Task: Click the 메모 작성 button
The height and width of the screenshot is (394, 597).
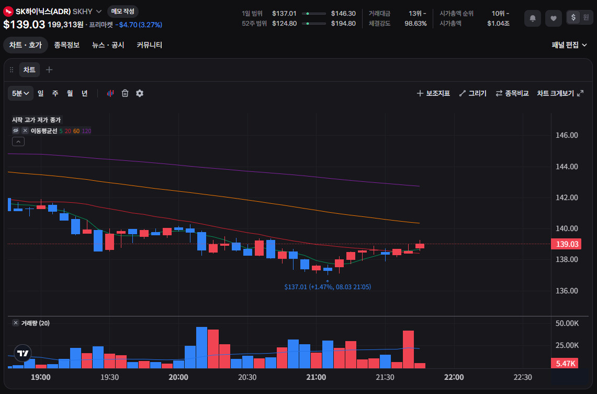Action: [x=122, y=12]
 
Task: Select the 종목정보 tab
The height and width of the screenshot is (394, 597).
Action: [x=66, y=45]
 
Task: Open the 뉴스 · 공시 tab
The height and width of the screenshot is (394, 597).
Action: [x=108, y=45]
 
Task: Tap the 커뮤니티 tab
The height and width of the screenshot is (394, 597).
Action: [x=149, y=45]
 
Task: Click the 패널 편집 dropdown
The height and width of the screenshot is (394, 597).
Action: [x=569, y=45]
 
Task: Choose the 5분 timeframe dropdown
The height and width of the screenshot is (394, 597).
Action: [x=20, y=93]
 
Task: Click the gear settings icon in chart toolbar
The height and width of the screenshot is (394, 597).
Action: [x=140, y=93]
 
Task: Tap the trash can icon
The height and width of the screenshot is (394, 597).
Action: [x=125, y=93]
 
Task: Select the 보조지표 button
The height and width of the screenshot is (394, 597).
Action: [x=433, y=93]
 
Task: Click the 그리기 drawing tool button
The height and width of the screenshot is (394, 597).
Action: [x=473, y=93]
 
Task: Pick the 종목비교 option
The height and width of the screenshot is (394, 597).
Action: [x=512, y=93]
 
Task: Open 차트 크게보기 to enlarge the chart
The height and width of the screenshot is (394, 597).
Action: [x=560, y=93]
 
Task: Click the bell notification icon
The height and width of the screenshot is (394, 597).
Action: [x=533, y=18]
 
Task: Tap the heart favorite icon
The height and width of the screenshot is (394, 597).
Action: [x=554, y=18]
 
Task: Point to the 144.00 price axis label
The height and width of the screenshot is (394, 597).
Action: [x=567, y=167]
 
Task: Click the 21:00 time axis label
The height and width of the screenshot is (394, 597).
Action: [x=316, y=377]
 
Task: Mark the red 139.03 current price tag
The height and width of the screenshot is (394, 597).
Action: [x=566, y=244]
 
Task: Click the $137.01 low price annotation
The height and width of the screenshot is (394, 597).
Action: [x=328, y=287]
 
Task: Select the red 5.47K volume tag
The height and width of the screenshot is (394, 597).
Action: [x=565, y=364]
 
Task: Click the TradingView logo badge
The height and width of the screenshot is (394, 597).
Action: [x=23, y=353]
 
